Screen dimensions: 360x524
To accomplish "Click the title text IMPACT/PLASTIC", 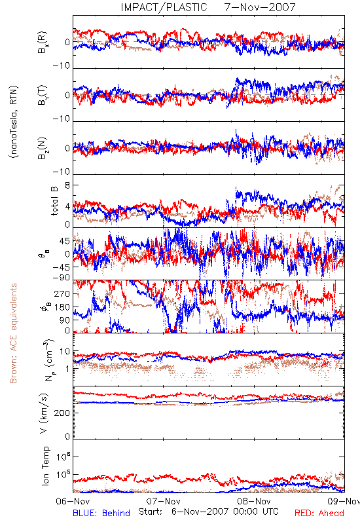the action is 164,7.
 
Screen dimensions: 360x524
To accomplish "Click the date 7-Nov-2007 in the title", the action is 260,7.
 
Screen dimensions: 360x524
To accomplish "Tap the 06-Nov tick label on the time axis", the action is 73,501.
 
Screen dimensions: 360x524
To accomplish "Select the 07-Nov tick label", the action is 163,501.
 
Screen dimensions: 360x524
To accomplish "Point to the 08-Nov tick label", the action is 254,501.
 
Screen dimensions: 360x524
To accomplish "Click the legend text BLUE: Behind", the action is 101,513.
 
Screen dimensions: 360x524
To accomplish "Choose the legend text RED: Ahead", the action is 319,513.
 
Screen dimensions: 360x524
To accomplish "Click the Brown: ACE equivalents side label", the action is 13,333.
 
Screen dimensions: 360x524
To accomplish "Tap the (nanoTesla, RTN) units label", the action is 14,122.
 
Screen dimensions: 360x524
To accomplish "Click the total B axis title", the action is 54,201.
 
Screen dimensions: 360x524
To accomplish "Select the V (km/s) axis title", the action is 44,413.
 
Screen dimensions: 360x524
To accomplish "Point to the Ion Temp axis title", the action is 45,466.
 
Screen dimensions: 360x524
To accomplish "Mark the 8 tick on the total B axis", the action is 67,185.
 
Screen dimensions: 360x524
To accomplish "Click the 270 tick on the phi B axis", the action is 62,293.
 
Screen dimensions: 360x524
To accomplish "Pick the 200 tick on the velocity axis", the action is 63,413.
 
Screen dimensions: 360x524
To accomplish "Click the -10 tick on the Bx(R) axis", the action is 61,66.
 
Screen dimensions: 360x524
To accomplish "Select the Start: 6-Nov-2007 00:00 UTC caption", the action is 208,512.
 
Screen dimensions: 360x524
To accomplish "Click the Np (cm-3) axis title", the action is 48,360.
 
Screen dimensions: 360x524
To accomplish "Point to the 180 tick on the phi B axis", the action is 62,307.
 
